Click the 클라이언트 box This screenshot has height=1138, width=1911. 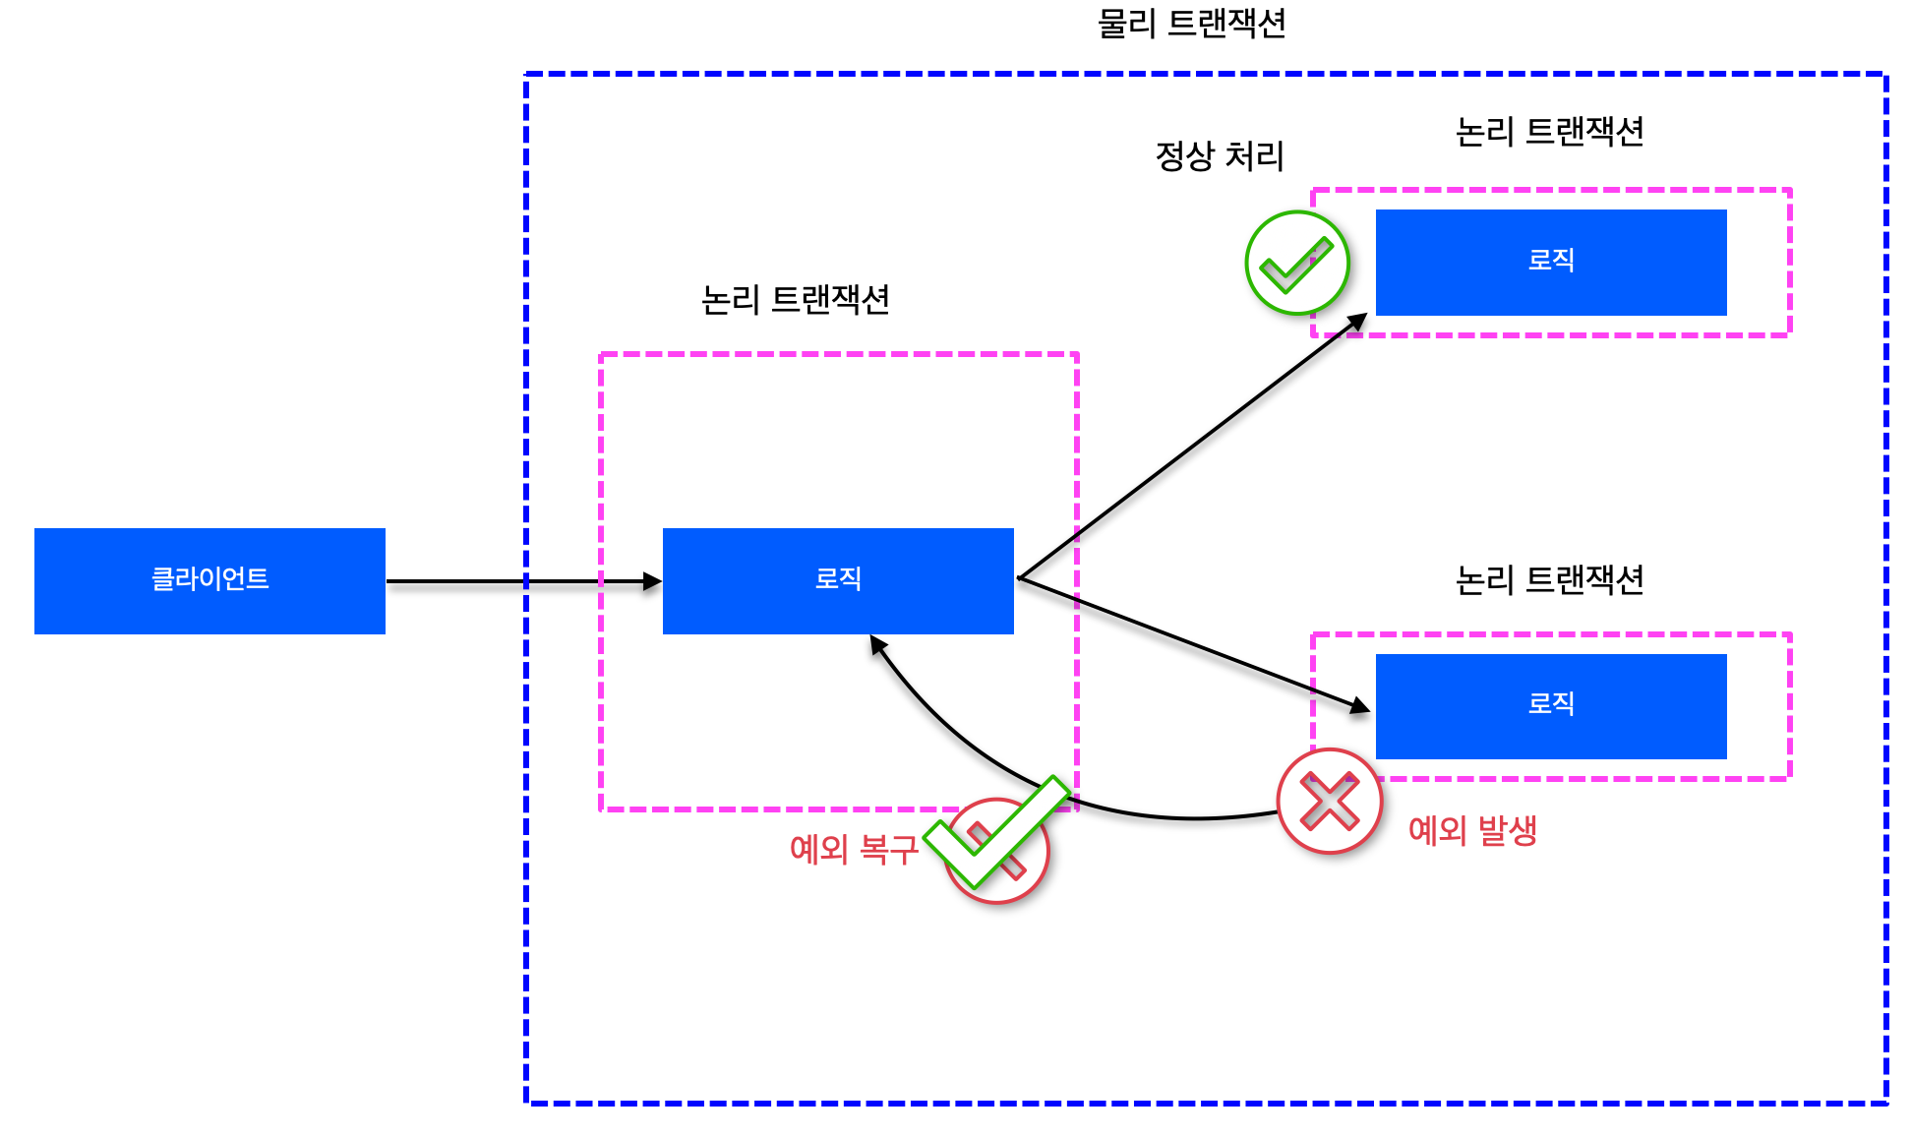(x=209, y=580)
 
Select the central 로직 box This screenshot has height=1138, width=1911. (x=838, y=580)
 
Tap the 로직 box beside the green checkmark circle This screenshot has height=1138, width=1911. (x=1551, y=262)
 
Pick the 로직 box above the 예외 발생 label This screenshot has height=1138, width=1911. (x=1551, y=705)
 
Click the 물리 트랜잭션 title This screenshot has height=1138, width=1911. (x=1191, y=24)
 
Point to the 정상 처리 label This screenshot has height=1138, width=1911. (x=1220, y=156)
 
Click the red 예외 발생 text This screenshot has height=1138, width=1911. (x=1472, y=831)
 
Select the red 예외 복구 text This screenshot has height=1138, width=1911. (x=854, y=849)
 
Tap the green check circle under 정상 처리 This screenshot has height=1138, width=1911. (x=1296, y=263)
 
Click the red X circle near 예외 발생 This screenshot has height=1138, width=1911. (x=1329, y=802)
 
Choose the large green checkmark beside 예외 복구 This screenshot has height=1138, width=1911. (x=995, y=834)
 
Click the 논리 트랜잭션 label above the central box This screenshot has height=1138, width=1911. (x=795, y=300)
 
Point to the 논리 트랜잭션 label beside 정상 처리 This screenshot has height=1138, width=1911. (x=1549, y=132)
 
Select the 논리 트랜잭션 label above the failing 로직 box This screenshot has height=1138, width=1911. (x=1549, y=580)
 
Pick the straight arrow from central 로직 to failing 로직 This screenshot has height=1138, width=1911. (x=1190, y=641)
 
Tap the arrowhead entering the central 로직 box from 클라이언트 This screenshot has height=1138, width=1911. (x=653, y=581)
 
